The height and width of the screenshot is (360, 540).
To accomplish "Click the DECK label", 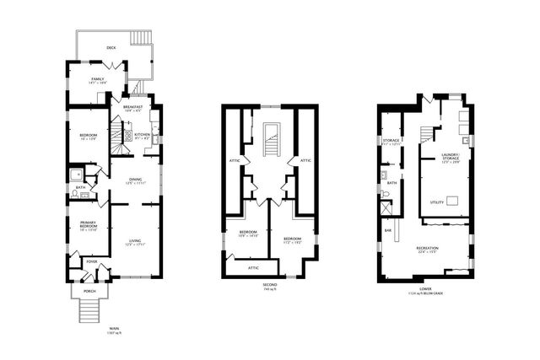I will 111,48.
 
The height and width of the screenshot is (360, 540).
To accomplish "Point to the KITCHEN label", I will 142,135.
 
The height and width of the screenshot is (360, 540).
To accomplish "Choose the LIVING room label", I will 135,243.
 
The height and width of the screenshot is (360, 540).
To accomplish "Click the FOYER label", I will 91,262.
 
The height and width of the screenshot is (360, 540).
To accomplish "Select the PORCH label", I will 89,291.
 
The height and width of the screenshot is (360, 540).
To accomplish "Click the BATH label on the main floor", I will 80,188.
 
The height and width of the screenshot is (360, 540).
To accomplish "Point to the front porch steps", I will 88,312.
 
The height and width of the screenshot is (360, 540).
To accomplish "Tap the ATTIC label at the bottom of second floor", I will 252,267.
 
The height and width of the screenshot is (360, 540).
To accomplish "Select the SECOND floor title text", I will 269,285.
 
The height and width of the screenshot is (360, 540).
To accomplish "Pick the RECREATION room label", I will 427,249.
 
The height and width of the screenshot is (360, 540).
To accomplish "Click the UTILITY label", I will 437,202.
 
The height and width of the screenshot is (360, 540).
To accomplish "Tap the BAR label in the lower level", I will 388,228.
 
